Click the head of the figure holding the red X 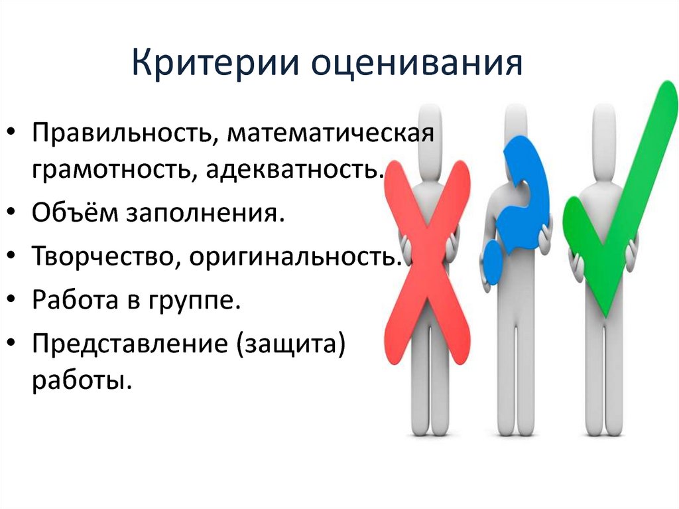(x=428, y=122)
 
